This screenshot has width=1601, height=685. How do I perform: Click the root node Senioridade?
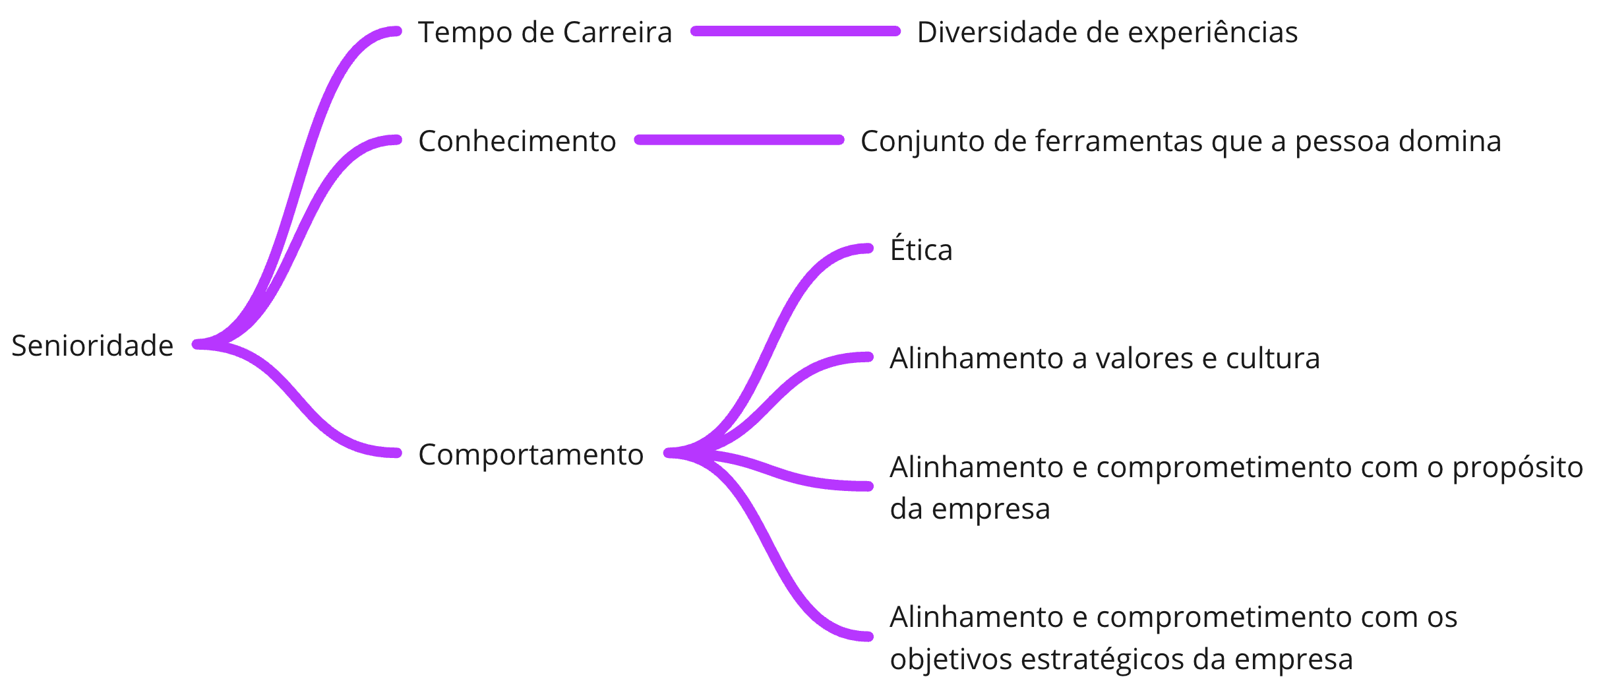(92, 346)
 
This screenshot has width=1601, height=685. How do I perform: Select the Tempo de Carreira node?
(545, 32)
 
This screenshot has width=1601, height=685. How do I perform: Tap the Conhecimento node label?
(517, 141)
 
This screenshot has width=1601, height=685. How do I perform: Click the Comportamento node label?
(531, 455)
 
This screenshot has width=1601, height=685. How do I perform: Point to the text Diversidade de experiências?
(1107, 32)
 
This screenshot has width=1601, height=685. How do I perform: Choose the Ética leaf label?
(921, 249)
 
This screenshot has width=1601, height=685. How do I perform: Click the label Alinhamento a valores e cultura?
(1104, 358)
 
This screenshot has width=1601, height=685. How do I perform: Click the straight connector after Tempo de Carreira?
(795, 31)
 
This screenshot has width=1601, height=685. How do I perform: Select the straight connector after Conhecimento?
(739, 140)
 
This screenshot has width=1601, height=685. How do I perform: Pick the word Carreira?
(617, 32)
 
